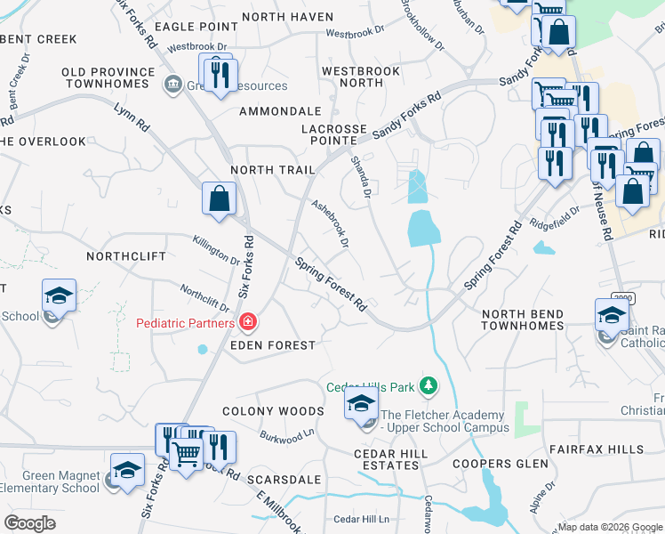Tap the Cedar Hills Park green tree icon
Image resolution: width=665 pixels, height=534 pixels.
429,385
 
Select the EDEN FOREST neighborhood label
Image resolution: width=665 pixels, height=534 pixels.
273,345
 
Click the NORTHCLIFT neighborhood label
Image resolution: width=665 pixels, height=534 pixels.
126,256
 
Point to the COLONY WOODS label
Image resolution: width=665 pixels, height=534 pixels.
272,411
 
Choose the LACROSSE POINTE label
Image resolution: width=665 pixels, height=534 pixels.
333,136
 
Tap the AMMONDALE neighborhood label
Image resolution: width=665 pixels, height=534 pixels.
280,111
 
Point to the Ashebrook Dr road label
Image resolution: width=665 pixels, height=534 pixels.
330,223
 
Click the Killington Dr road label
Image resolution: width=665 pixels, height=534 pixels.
217,249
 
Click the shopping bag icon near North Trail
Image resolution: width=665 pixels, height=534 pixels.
219,199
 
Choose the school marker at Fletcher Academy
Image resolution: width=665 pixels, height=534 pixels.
361,405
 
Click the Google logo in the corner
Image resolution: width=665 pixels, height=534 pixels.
29,523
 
